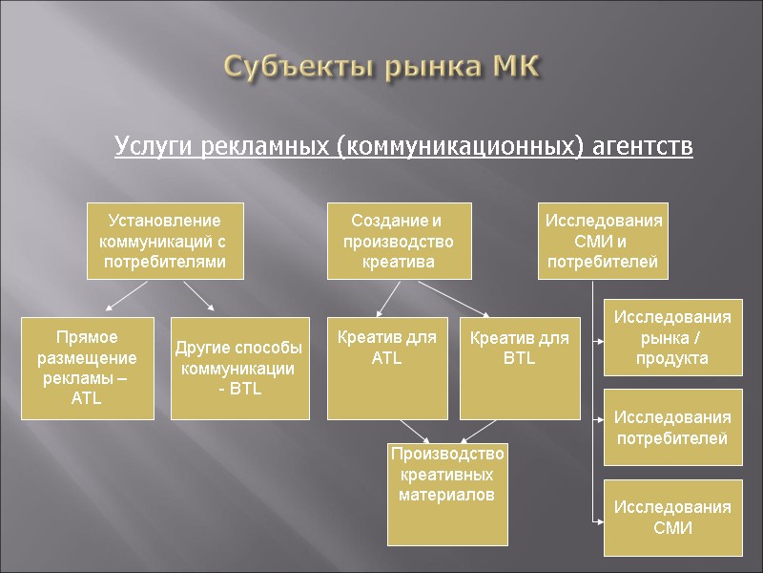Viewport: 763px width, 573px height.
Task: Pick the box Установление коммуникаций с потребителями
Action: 165,241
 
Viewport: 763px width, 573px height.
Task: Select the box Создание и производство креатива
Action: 398,241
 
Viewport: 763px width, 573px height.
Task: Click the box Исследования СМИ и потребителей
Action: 603,241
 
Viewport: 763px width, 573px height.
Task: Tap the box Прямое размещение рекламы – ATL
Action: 87,368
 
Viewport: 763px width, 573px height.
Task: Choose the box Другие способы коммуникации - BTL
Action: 240,368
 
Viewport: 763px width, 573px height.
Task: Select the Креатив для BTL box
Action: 520,368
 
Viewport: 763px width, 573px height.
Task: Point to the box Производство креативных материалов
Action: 447,491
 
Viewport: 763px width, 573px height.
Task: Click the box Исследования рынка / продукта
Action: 672,337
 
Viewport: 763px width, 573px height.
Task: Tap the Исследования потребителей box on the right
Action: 672,428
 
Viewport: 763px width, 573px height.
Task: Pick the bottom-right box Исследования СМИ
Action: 672,518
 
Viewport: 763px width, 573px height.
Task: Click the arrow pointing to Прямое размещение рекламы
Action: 125,297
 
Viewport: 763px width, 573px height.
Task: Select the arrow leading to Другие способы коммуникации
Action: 199,297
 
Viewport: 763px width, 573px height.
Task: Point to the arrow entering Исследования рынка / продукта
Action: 599,338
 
